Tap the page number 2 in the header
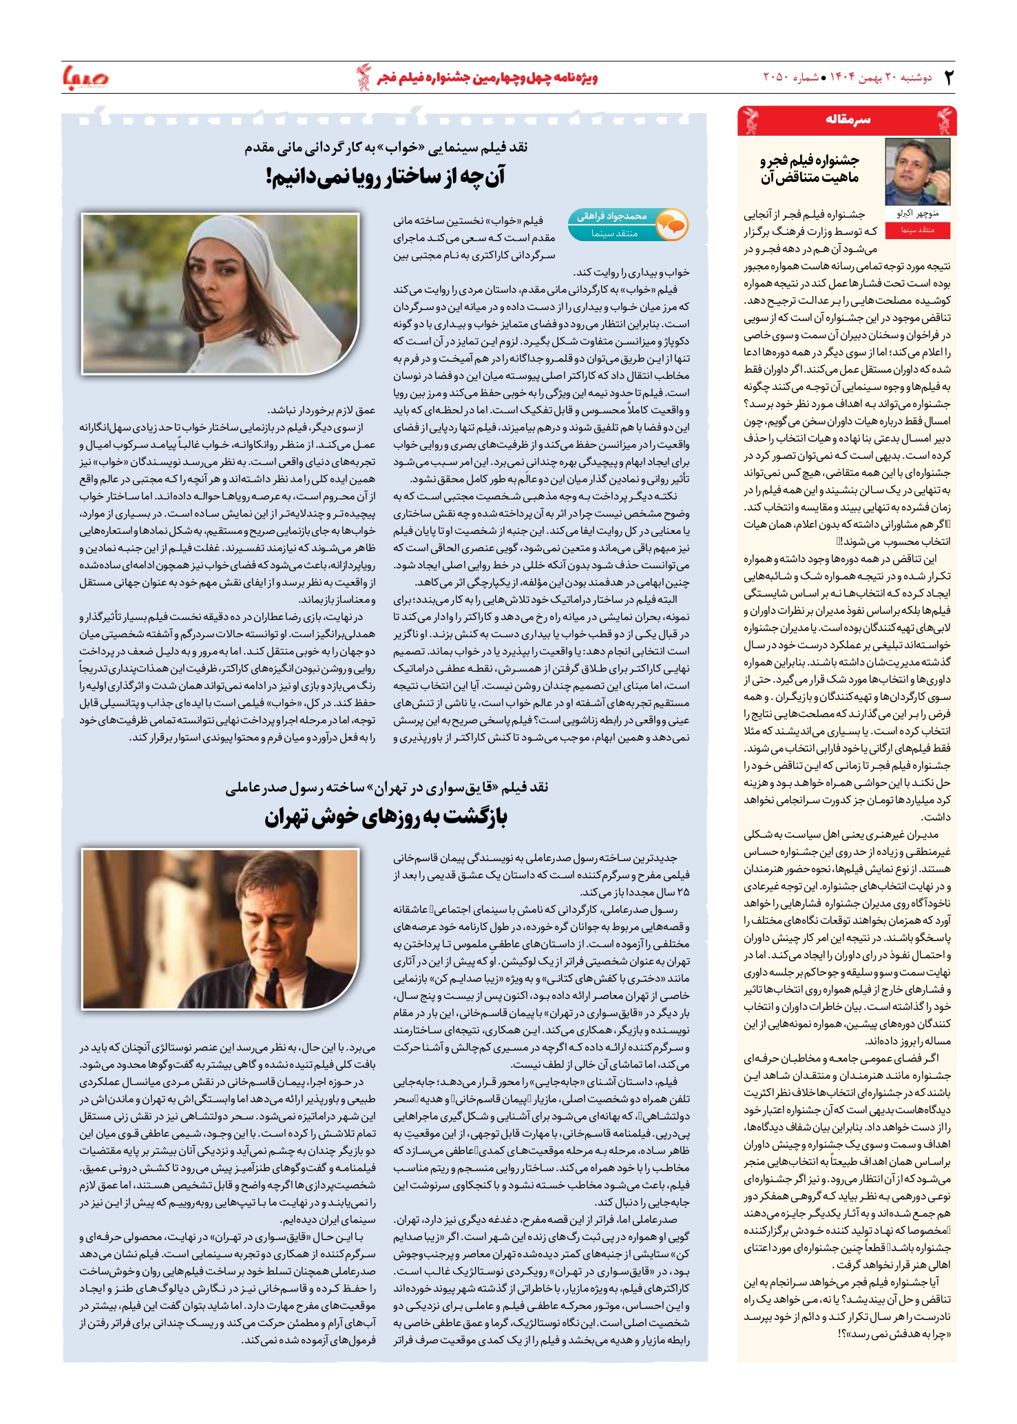coord(949,78)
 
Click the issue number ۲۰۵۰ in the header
coord(778,77)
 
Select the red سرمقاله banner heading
coord(848,120)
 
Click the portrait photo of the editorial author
coord(917,172)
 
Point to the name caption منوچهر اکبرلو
coord(917,214)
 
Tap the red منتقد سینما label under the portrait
coord(917,230)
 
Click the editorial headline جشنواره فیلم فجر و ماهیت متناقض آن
coord(810,169)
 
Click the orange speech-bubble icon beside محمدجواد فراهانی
coord(671,224)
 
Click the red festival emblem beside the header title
coord(363,77)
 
